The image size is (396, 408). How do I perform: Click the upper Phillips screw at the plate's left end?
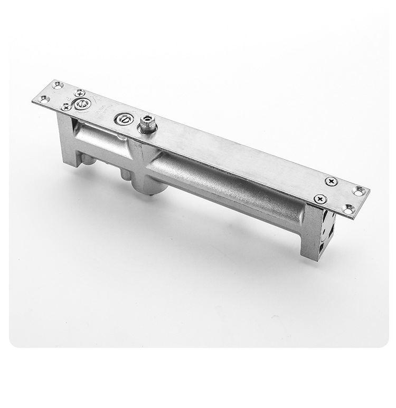[x=80, y=93]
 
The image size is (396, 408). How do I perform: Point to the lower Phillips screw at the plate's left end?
[x=66, y=106]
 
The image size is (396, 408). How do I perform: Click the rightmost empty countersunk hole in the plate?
[x=360, y=191]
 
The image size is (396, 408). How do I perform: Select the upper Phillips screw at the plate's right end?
[x=331, y=181]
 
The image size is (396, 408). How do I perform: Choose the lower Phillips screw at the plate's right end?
[x=319, y=199]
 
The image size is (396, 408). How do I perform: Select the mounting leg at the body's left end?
[x=68, y=140]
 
